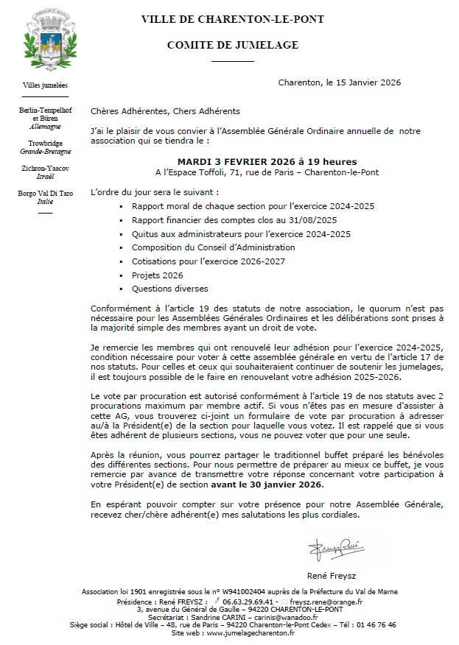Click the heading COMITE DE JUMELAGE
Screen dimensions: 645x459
[x=232, y=45]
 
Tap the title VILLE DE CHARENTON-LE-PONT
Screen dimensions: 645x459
[x=232, y=19]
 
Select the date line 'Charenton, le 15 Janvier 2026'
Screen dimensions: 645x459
[x=340, y=83]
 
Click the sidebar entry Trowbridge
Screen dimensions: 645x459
[x=45, y=143]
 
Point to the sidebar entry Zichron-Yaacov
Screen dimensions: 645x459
[x=45, y=168]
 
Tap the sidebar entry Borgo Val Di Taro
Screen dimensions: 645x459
[x=45, y=193]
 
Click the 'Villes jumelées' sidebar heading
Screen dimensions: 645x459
[x=45, y=85]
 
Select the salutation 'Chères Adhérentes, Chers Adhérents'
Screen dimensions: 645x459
[x=166, y=111]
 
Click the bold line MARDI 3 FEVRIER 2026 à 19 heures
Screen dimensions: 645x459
[x=267, y=161]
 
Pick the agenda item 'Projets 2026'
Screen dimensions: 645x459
[x=157, y=275]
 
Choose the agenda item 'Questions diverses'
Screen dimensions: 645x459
[x=169, y=289]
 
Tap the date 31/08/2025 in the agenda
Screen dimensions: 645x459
[x=311, y=219]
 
